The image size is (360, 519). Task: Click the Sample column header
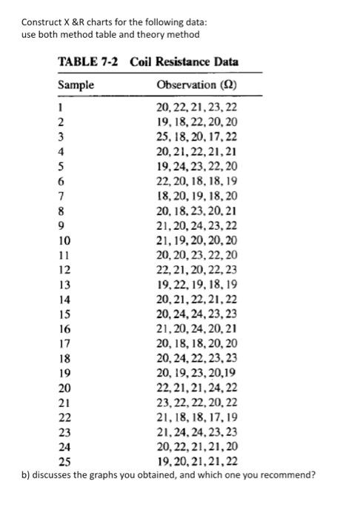pos(76,85)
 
